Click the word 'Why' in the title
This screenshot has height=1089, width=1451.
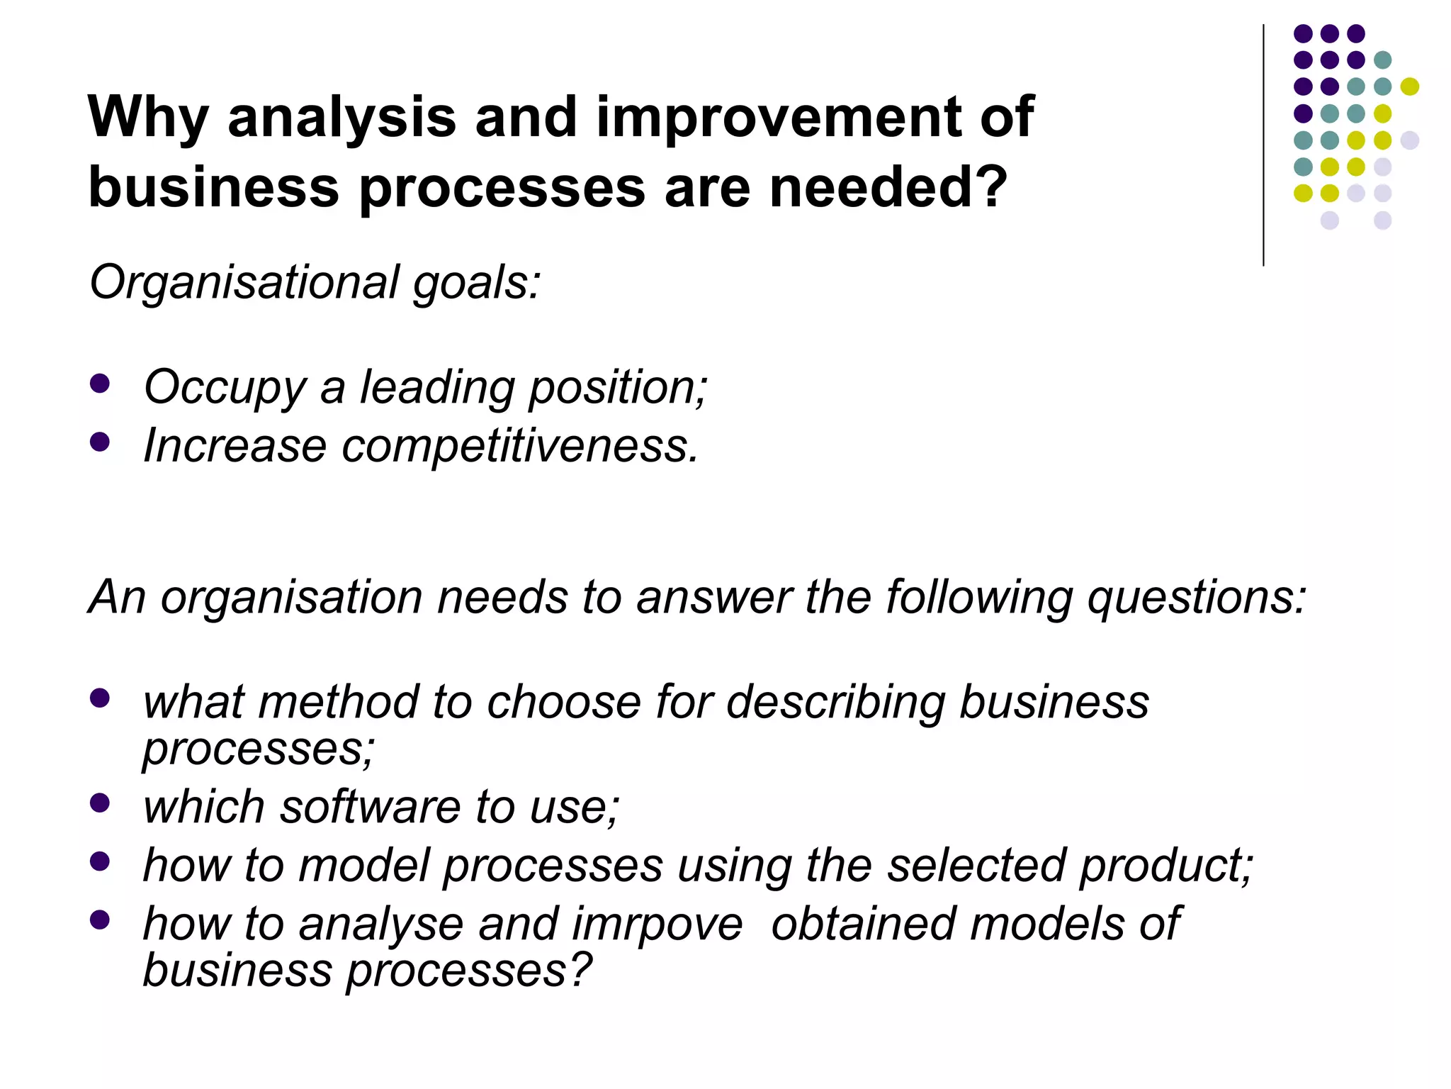pos(147,118)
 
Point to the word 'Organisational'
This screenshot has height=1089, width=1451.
pos(244,282)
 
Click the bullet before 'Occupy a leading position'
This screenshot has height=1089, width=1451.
pos(101,384)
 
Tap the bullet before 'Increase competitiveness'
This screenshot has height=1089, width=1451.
pos(101,442)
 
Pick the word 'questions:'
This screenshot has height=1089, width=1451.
pos(1197,597)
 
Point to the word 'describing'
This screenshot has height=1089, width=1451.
pos(835,703)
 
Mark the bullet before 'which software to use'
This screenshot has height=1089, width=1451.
pos(101,803)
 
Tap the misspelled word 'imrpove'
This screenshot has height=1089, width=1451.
pos(657,925)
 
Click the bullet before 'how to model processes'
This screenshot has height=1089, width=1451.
pos(101,861)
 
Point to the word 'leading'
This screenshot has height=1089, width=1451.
pos(437,388)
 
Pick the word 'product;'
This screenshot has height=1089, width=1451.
pos(1166,866)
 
